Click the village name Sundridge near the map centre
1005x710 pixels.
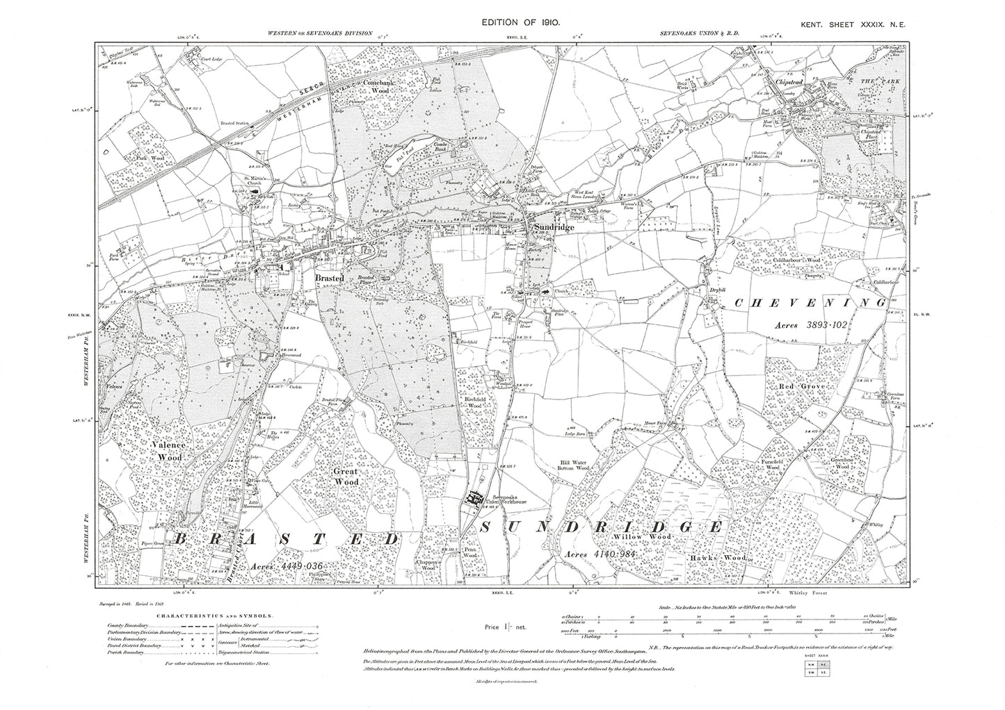pyautogui.click(x=554, y=226)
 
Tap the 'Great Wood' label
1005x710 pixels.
pyautogui.click(x=346, y=475)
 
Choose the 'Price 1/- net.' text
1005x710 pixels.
pyautogui.click(x=506, y=627)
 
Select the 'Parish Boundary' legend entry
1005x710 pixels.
pyautogui.click(x=125, y=654)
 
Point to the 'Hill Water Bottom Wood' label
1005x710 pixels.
pyautogui.click(x=575, y=465)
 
